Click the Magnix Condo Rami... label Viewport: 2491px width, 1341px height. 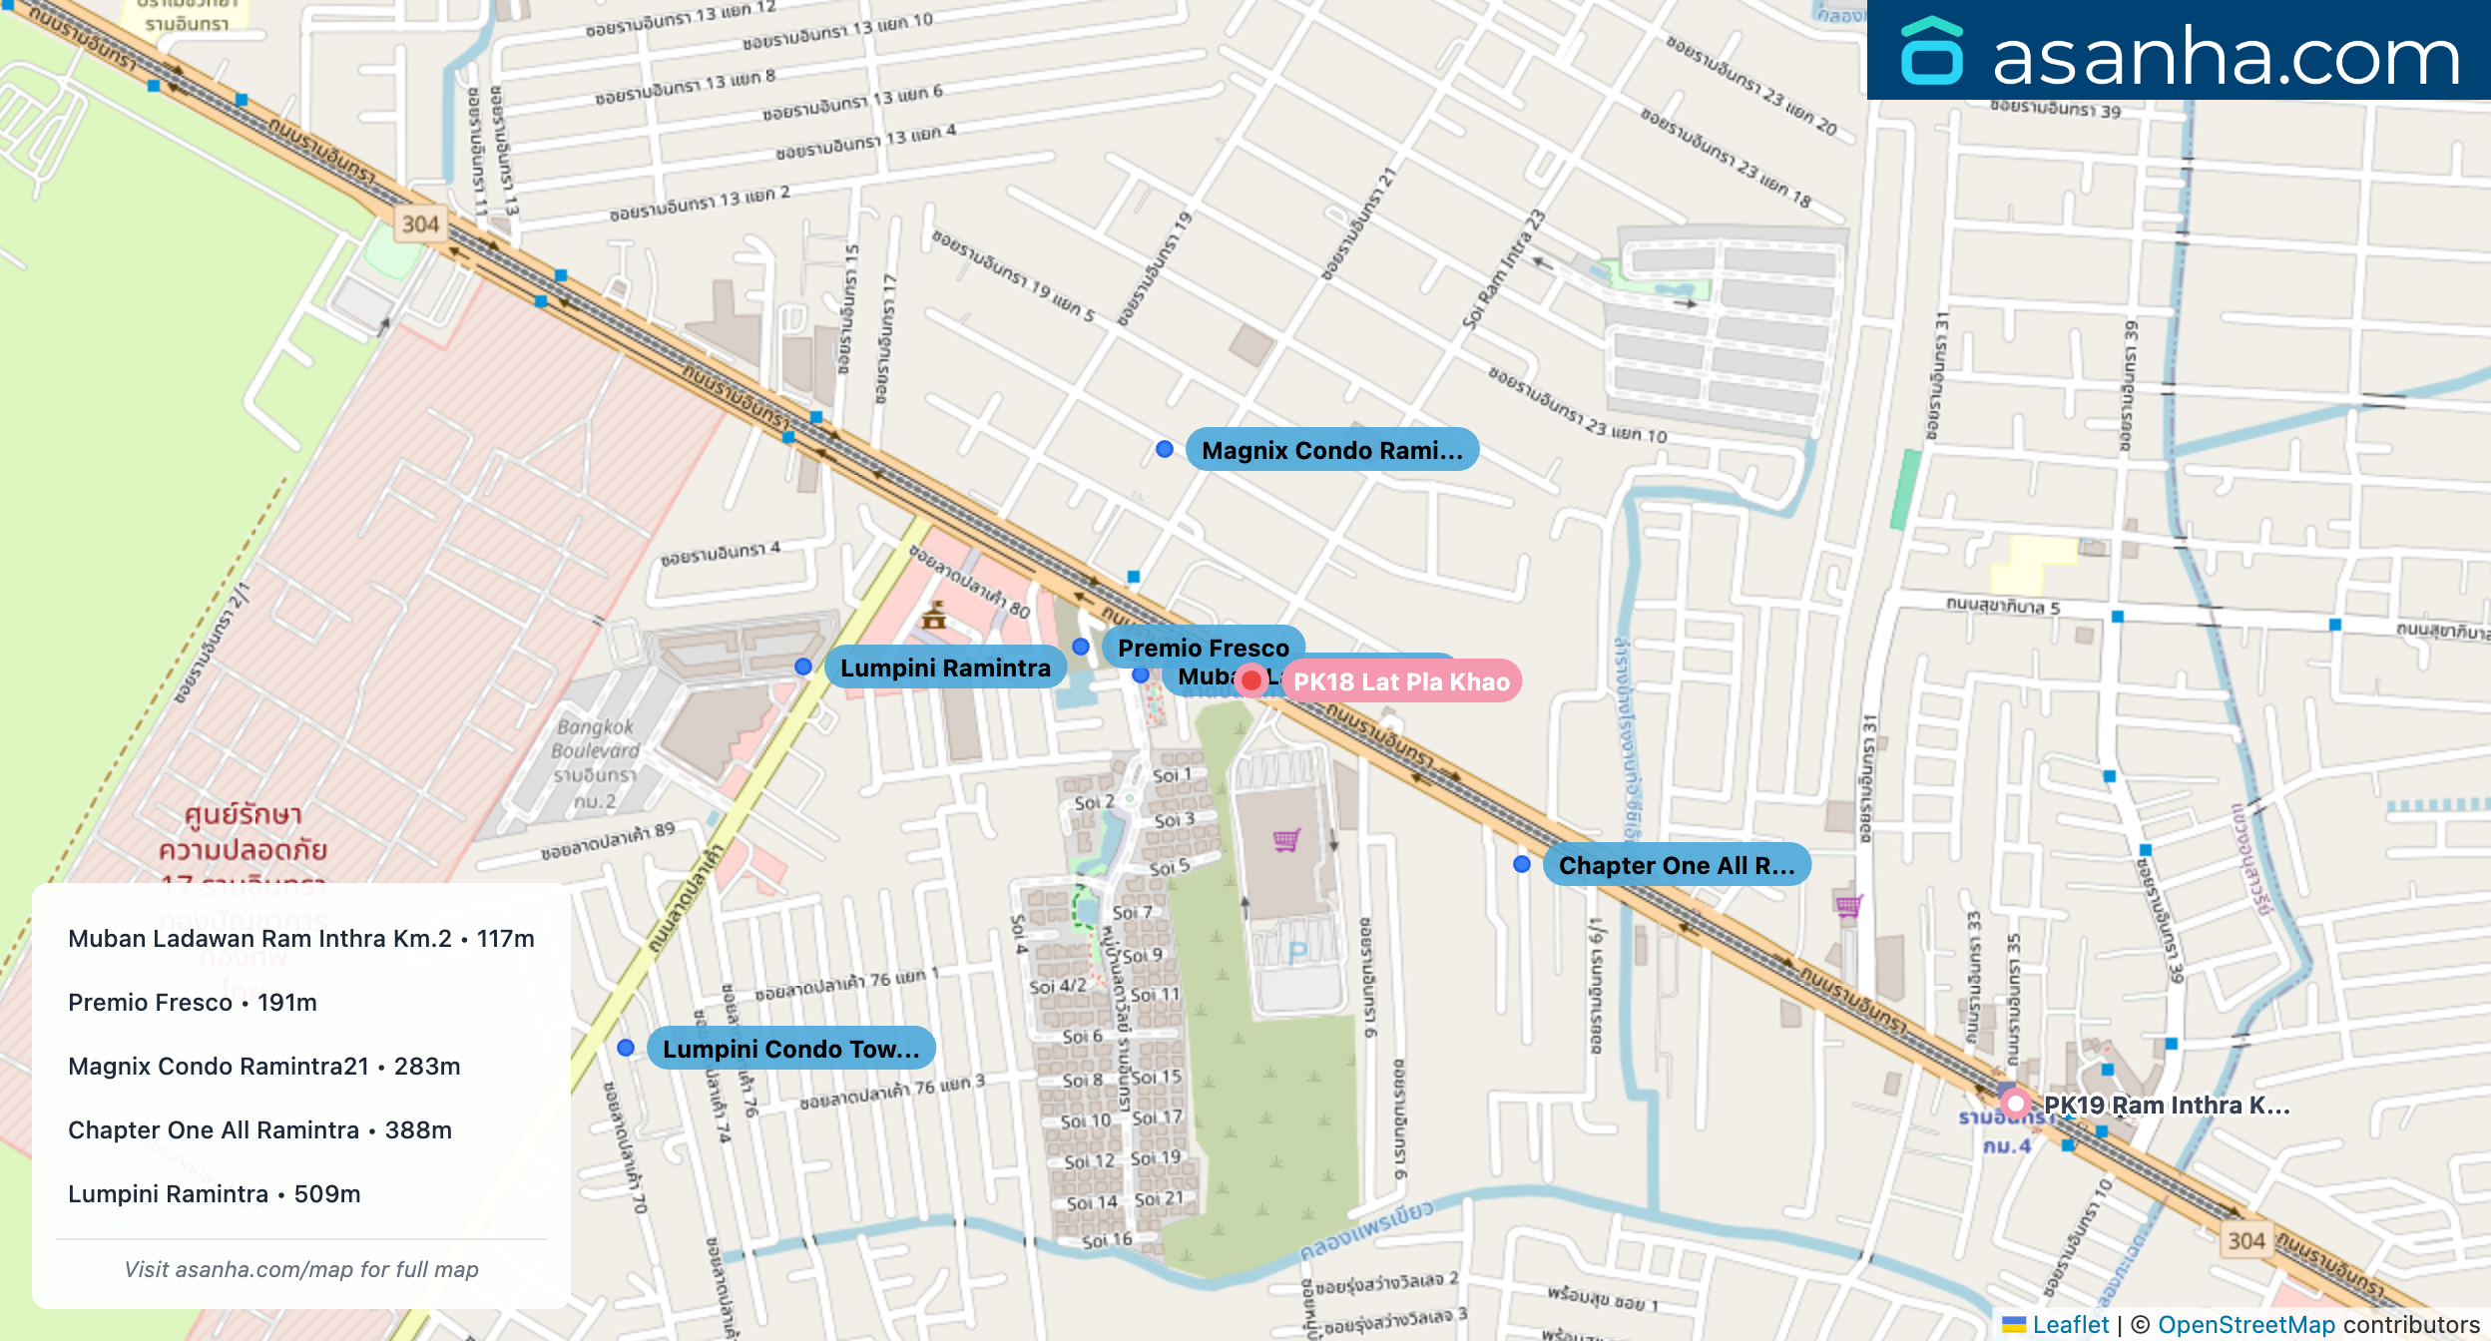[x=1331, y=450]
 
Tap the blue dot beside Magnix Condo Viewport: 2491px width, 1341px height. [x=1164, y=449]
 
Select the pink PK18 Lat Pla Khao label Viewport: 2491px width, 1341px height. [x=1401, y=681]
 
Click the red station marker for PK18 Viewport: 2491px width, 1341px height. [x=1250, y=680]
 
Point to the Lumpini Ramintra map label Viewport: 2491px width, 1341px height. [x=944, y=668]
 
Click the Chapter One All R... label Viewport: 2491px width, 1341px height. [x=1676, y=865]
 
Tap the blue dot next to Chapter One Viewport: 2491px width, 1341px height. [x=1521, y=864]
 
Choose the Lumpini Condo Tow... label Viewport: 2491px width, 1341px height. [x=790, y=1049]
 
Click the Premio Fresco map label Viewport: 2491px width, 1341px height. [x=1203, y=648]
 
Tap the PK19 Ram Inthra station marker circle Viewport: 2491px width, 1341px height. [x=2015, y=1104]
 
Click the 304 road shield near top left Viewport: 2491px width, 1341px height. [x=420, y=224]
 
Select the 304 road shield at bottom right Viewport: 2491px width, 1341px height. [x=2245, y=1240]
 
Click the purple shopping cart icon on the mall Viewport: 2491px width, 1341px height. [x=1286, y=840]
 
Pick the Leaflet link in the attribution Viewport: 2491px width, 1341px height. [x=2070, y=1324]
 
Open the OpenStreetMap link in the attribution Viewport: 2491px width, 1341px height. [x=2245, y=1324]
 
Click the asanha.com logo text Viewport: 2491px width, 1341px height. [x=2226, y=57]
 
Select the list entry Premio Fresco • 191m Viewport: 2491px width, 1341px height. [x=193, y=1003]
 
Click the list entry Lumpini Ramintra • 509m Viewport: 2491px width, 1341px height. [x=215, y=1194]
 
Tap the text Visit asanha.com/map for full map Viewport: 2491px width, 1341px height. [x=301, y=1269]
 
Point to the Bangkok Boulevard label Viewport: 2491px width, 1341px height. [x=596, y=739]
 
